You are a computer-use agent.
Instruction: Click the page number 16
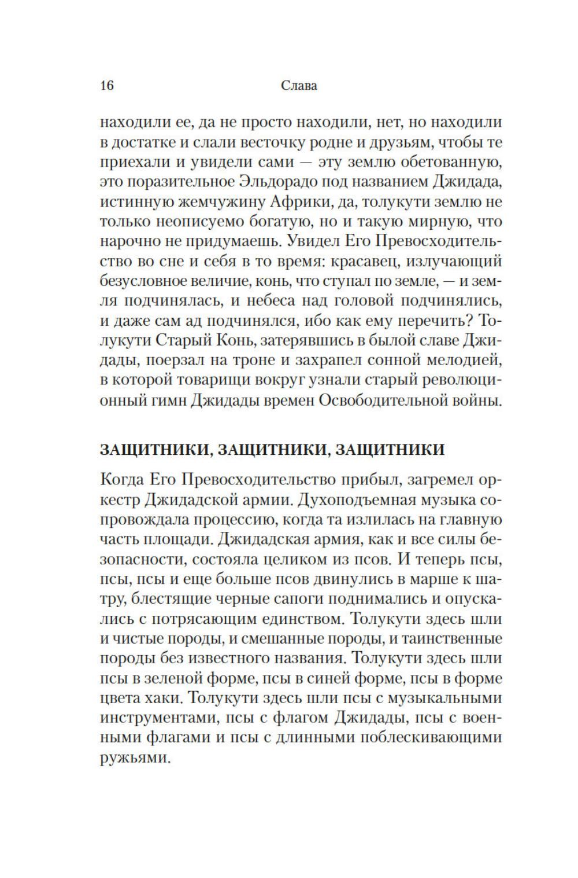point(107,86)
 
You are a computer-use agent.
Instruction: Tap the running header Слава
point(299,86)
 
